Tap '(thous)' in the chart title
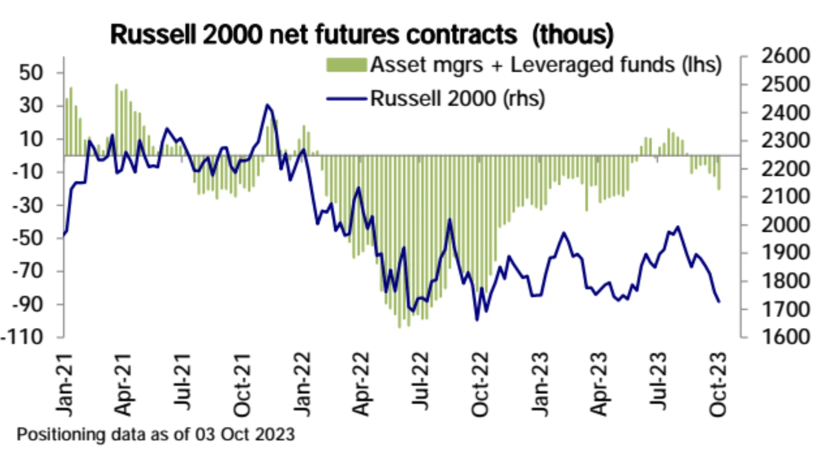pyautogui.click(x=573, y=35)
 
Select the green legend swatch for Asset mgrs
pyautogui.click(x=346, y=66)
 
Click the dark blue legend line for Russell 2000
pyautogui.click(x=346, y=98)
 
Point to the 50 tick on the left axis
pyautogui.click(x=31, y=73)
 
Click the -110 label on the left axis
pyautogui.click(x=22, y=337)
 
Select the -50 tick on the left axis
pyautogui.click(x=26, y=238)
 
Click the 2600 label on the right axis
pyautogui.click(x=786, y=56)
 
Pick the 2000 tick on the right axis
pyautogui.click(x=786, y=224)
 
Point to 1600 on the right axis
pyautogui.click(x=786, y=337)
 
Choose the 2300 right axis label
pyautogui.click(x=786, y=140)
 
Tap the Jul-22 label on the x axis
pyautogui.click(x=421, y=382)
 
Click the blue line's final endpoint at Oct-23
pyautogui.click(x=719, y=302)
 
